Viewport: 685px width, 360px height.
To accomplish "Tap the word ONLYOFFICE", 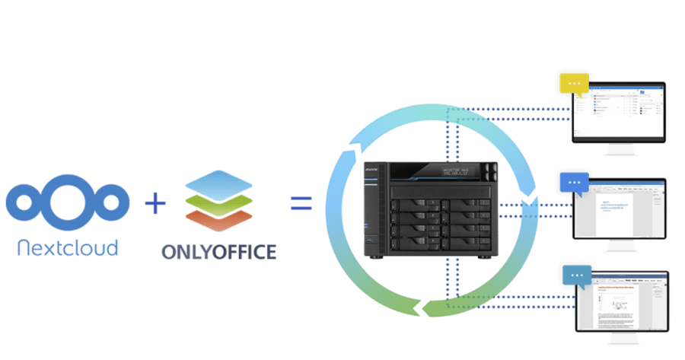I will pyautogui.click(x=218, y=252).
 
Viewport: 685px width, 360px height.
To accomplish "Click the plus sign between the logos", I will pyautogui.click(x=155, y=203).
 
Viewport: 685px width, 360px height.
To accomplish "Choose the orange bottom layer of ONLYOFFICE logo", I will pyautogui.click(x=218, y=219).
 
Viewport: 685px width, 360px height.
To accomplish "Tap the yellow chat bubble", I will pyautogui.click(x=575, y=84).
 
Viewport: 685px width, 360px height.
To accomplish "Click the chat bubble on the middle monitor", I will pyautogui.click(x=575, y=183).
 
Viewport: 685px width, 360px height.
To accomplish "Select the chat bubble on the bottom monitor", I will pyautogui.click(x=576, y=275).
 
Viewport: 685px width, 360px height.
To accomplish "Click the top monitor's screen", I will pyautogui.click(x=620, y=112).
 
